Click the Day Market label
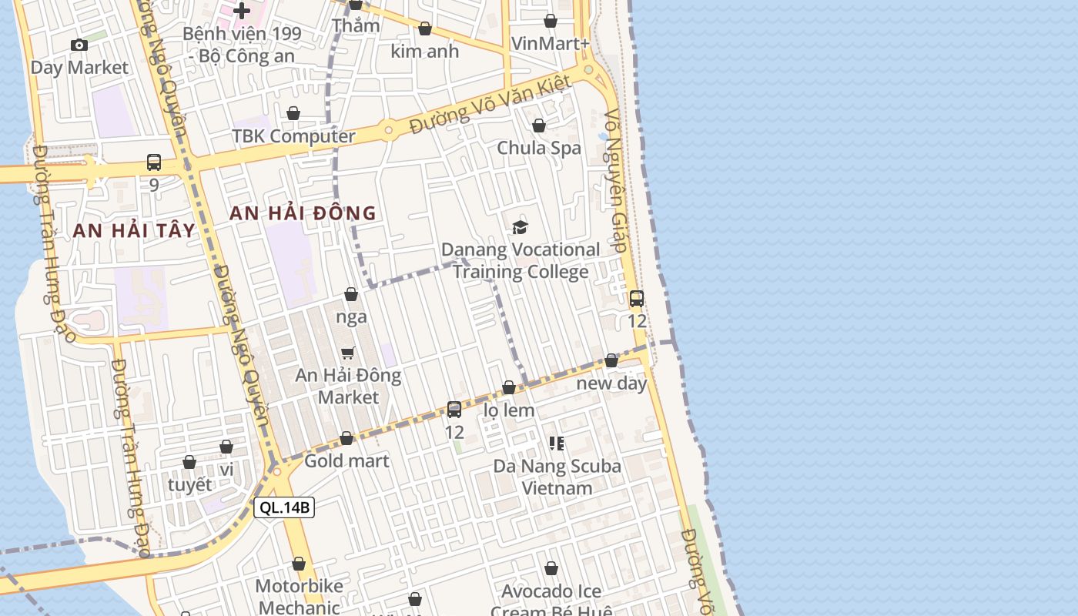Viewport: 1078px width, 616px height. [x=79, y=68]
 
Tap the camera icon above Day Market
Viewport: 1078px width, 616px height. [x=79, y=45]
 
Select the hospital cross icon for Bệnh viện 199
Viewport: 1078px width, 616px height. [x=242, y=11]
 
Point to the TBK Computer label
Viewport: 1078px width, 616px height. [x=293, y=136]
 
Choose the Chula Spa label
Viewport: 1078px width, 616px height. [x=539, y=148]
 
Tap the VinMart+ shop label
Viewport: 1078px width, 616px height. [x=550, y=43]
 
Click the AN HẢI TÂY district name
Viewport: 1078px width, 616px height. [x=134, y=230]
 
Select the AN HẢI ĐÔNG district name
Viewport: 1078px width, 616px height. [x=303, y=213]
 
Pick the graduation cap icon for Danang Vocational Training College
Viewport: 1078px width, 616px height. [x=521, y=227]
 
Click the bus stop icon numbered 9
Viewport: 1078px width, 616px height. [x=154, y=163]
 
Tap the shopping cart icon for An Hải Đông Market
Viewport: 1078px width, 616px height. [x=348, y=353]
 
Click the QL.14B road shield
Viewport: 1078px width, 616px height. [x=284, y=507]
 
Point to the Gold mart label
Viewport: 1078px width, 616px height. [x=346, y=461]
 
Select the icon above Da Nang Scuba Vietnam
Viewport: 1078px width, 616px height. [x=556, y=443]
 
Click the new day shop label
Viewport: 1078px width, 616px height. [x=611, y=383]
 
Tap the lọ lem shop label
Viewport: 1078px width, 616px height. [x=508, y=410]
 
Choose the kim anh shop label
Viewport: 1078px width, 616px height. [x=424, y=52]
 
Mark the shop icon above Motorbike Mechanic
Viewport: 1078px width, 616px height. [x=299, y=564]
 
